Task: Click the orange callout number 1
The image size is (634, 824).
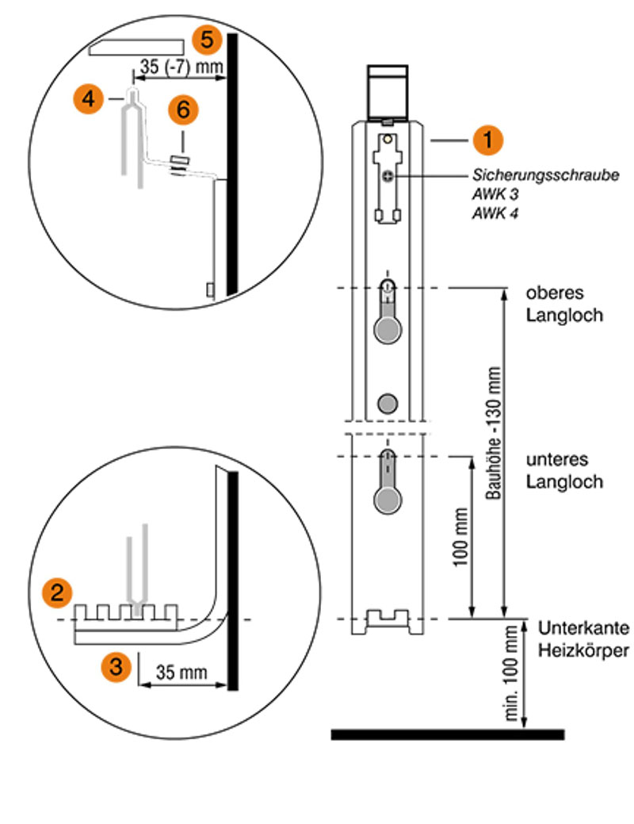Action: (x=487, y=140)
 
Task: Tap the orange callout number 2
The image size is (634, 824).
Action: (x=57, y=592)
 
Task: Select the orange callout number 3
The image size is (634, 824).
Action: (x=116, y=666)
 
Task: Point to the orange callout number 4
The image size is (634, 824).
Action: (x=88, y=98)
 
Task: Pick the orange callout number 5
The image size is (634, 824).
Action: (x=207, y=40)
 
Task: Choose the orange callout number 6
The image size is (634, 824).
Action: (x=183, y=109)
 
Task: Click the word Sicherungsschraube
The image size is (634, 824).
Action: (x=545, y=175)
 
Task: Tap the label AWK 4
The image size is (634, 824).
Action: (x=495, y=213)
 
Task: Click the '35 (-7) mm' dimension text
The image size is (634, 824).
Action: (x=181, y=67)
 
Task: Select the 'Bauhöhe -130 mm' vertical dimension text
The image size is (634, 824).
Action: (x=493, y=433)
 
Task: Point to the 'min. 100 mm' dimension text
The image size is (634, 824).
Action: (x=510, y=673)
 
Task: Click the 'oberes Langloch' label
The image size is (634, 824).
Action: (x=564, y=304)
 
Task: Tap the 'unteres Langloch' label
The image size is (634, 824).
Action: (x=564, y=470)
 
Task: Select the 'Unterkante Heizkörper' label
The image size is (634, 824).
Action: (x=583, y=639)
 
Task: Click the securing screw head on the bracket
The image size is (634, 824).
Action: (x=388, y=176)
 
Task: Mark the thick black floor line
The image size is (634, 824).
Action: (x=448, y=734)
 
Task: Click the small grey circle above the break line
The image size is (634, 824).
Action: (x=388, y=404)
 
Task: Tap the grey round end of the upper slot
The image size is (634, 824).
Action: (x=388, y=330)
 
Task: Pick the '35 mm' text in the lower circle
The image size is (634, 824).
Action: (x=181, y=673)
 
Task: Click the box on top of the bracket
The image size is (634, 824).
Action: (x=387, y=91)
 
